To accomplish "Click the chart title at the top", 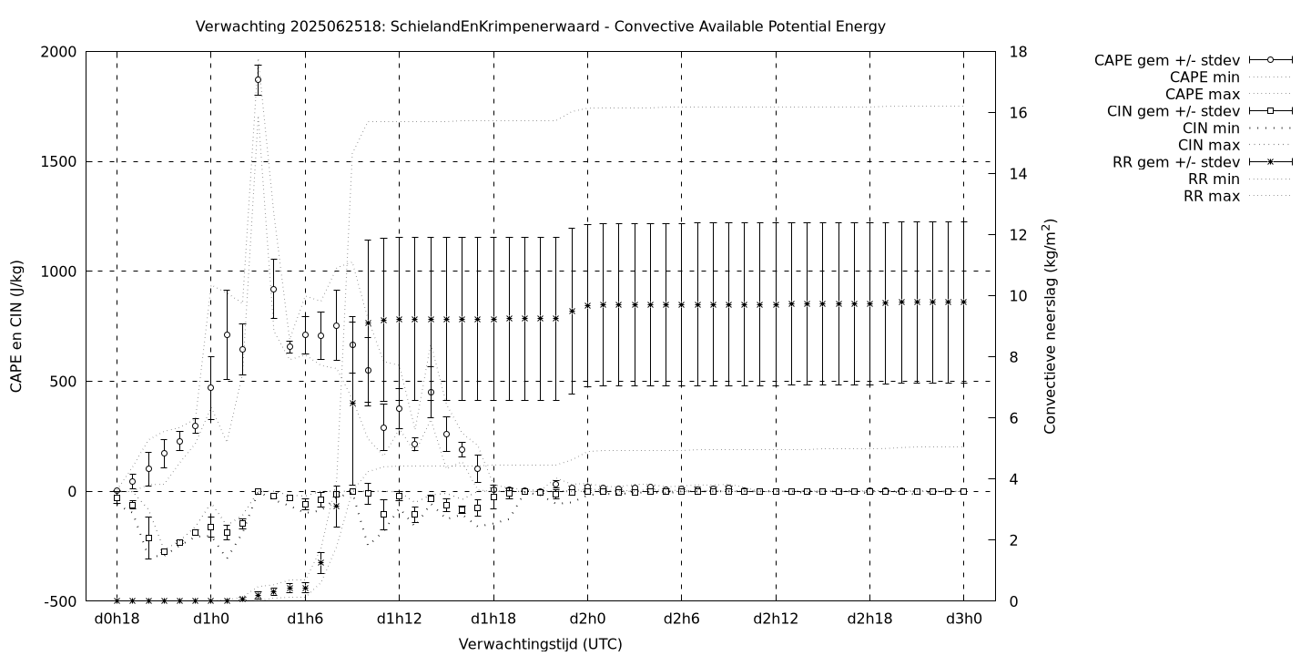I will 540,26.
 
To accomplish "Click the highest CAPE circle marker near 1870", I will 258,80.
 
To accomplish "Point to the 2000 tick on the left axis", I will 59,52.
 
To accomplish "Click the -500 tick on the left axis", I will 59,601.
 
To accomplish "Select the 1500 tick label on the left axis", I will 59,162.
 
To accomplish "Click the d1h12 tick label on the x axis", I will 399,620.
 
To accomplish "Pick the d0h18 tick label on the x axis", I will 117,620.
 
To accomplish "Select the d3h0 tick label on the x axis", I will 963,620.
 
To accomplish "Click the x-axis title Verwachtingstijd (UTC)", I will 540,644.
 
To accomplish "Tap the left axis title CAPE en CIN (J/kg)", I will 17,326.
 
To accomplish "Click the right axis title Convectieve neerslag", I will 1050,326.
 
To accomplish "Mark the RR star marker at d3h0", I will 963,302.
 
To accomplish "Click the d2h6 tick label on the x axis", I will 681,620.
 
